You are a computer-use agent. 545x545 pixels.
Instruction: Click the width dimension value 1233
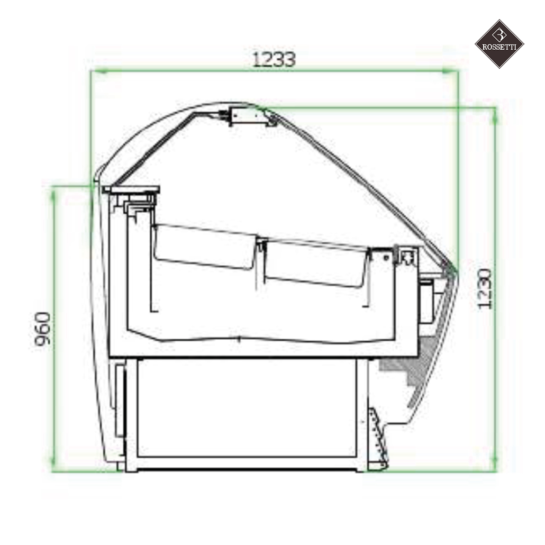coord(273,59)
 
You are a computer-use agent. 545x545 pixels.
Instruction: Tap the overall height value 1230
coord(485,288)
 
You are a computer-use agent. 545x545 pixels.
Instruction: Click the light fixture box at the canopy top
coord(247,115)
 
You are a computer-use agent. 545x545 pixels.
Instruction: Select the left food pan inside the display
coord(204,247)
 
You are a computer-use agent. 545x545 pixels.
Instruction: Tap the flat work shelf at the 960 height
coord(131,188)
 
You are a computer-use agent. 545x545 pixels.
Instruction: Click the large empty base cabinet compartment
coord(246,407)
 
